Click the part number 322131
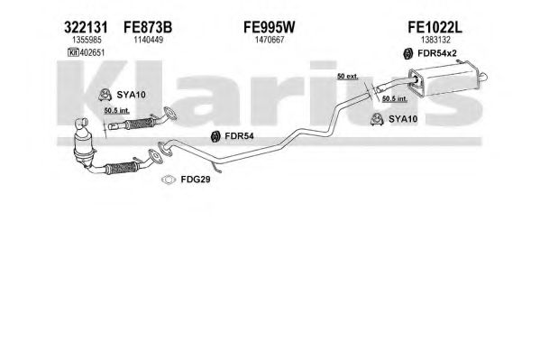pyautogui.click(x=86, y=27)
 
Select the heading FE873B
pyautogui.click(x=148, y=27)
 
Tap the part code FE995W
pyautogui.click(x=270, y=27)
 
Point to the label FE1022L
pyautogui.click(x=435, y=27)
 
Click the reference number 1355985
pyautogui.click(x=87, y=40)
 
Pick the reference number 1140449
pyautogui.click(x=149, y=40)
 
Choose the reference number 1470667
pyautogui.click(x=270, y=40)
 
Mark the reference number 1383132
pyautogui.click(x=435, y=40)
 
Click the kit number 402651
pyautogui.click(x=92, y=52)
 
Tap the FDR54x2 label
pyautogui.click(x=437, y=53)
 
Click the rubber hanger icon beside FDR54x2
pyautogui.click(x=407, y=53)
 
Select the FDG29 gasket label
pyautogui.click(x=196, y=180)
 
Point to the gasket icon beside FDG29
pyautogui.click(x=169, y=180)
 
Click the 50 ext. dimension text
pyautogui.click(x=347, y=76)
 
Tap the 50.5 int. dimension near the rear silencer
pyautogui.click(x=395, y=98)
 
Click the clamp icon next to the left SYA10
pyautogui.click(x=105, y=95)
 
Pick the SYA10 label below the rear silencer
pyautogui.click(x=403, y=119)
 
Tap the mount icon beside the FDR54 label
pyautogui.click(x=215, y=136)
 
